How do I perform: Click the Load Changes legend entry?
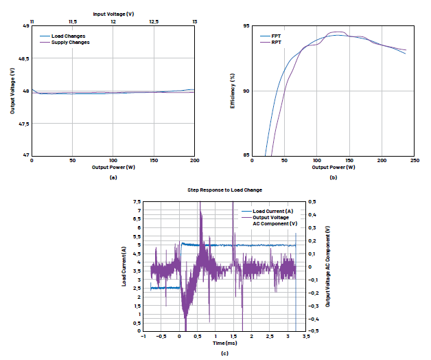tap(67, 36)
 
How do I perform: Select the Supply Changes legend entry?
tap(70, 42)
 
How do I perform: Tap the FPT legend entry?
tap(276, 36)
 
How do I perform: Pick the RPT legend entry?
tap(276, 42)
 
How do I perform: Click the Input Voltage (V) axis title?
tap(114, 13)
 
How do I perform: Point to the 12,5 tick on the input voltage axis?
tap(154, 22)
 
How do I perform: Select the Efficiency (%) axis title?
tap(233, 91)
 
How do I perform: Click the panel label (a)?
tap(113, 177)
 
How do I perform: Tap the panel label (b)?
tap(334, 177)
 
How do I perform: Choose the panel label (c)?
tap(224, 353)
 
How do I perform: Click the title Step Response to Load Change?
tap(224, 189)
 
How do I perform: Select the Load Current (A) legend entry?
tap(273, 211)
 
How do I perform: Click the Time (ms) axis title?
tap(224, 342)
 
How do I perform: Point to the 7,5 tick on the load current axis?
tap(137, 202)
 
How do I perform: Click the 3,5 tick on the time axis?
tap(306, 336)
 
